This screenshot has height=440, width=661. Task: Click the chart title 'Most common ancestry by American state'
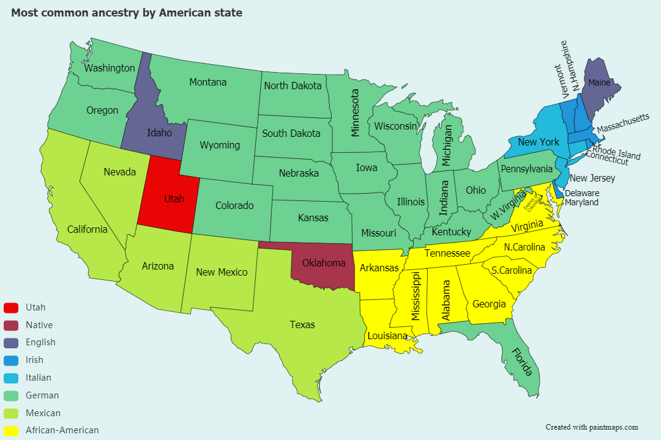(127, 13)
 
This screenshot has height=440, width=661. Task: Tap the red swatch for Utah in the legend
(11, 307)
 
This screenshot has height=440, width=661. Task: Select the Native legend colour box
(11, 325)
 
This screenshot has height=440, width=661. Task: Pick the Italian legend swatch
(11, 378)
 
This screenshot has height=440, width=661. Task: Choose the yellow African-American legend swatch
(11, 430)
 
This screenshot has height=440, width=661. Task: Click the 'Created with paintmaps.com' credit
(592, 427)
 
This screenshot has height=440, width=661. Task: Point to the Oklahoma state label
(323, 263)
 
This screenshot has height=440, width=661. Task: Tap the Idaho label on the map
(159, 133)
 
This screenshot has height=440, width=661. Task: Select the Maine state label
(599, 82)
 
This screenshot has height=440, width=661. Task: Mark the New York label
(539, 142)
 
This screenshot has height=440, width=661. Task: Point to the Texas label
(302, 324)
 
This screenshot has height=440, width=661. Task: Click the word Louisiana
(387, 335)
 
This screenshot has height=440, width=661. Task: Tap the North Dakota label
(293, 86)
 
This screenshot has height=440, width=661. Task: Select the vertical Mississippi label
(416, 296)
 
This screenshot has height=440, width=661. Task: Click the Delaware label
(581, 193)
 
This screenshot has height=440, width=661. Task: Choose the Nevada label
(120, 172)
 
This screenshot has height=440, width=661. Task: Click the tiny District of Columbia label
(529, 199)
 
